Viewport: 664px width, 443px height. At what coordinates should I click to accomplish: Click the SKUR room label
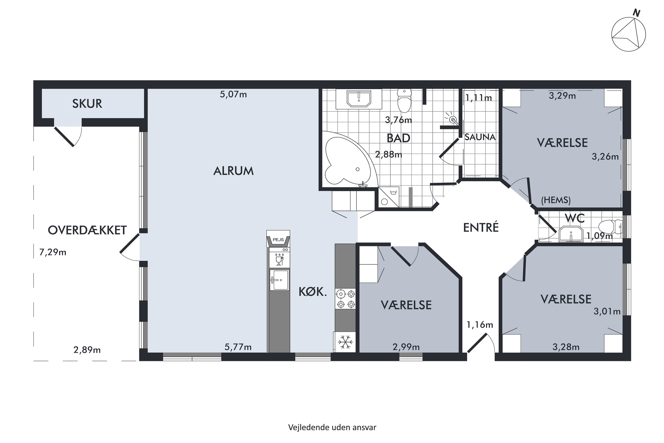pos(87,104)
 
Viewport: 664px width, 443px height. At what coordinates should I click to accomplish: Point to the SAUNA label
pos(480,137)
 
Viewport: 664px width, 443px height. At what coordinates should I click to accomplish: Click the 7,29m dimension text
pos(53,252)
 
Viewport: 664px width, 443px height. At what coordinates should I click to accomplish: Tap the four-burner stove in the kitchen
pos(346,299)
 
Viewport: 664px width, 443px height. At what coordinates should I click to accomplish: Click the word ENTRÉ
pos(481,227)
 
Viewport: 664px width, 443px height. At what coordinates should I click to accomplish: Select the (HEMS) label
pos(556,200)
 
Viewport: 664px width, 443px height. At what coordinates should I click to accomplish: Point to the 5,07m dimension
pos(233,94)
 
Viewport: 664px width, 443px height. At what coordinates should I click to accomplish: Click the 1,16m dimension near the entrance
pos(480,325)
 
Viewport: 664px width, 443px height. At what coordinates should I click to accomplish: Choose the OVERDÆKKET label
pos(87,230)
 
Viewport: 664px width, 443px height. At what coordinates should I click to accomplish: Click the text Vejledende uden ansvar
pos(332,427)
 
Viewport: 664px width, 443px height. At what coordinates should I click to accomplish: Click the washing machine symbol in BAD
pos(389,197)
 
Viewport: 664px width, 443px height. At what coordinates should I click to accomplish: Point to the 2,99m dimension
pos(406,347)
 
